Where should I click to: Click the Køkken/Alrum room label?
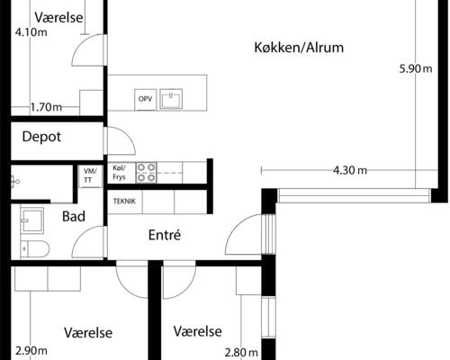tap(300, 48)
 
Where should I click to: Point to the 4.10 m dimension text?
tap(31, 33)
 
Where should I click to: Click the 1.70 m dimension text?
tap(46, 107)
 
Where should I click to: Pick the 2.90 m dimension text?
tap(31, 351)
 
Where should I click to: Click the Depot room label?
tap(41, 138)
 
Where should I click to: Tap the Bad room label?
tap(74, 217)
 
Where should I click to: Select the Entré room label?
tap(165, 235)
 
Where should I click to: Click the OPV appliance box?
tap(145, 99)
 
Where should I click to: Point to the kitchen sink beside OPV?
tap(172, 98)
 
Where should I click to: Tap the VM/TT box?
tap(89, 175)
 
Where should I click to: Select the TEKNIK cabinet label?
tap(124, 202)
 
